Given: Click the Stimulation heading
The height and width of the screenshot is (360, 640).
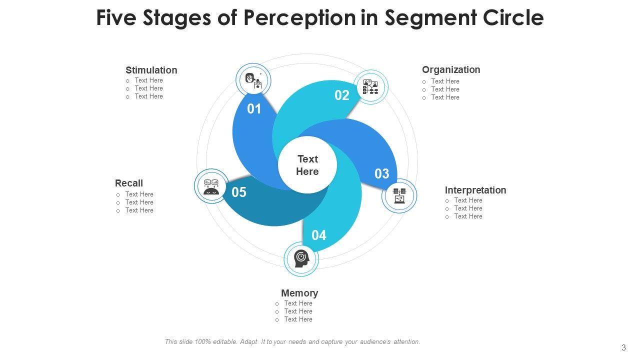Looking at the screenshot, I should (x=151, y=70).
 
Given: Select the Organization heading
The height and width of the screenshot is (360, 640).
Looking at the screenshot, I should (x=451, y=70).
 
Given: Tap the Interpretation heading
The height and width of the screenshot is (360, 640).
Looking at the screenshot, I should (x=475, y=190).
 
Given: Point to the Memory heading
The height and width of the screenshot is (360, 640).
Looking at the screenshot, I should (x=299, y=293).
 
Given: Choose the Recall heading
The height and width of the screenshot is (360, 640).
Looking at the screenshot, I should (x=129, y=183).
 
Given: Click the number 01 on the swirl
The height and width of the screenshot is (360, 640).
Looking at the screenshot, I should (x=254, y=109).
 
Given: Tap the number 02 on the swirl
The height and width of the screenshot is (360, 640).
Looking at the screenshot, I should (x=342, y=95).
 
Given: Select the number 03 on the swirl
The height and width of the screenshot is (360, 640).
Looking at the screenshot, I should (x=382, y=174).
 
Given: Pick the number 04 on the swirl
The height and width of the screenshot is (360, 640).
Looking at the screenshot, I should (x=319, y=235).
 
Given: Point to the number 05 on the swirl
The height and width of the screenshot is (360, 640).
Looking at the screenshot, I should (x=239, y=192).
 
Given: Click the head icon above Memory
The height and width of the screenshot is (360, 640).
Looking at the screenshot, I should (x=301, y=258).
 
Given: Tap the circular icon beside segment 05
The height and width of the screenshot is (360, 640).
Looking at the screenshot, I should (x=211, y=186).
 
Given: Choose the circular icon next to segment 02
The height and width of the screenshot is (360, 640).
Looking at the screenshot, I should (x=370, y=87).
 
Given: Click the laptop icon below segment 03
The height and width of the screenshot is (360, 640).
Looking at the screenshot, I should (x=399, y=196).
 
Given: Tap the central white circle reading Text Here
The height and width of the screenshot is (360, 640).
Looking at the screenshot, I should (x=307, y=165).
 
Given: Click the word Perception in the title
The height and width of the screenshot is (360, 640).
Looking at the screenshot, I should (x=299, y=18).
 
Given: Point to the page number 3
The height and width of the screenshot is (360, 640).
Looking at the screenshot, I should (x=623, y=348).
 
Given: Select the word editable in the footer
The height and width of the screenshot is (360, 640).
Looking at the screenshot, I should (x=225, y=342).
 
